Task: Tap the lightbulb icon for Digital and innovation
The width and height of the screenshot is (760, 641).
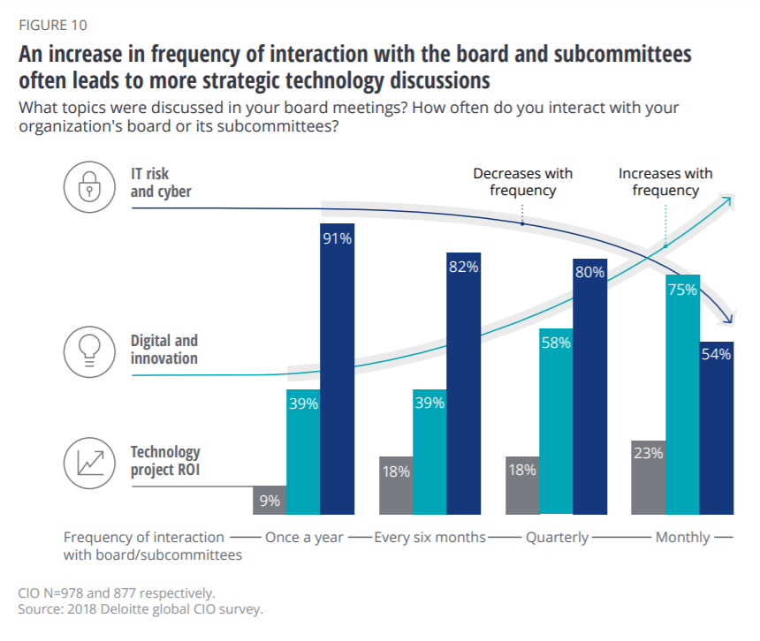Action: tap(87, 348)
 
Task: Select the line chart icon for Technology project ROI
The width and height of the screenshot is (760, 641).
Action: tap(87, 461)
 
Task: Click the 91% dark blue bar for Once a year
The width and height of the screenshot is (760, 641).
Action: tap(337, 371)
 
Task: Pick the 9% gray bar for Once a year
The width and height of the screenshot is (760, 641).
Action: tap(270, 501)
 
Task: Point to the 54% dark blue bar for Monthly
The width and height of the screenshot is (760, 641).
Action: tap(717, 428)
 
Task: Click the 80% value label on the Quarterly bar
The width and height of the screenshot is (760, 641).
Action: tap(589, 272)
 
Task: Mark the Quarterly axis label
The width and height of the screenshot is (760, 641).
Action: tap(557, 537)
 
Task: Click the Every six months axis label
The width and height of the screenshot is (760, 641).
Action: tap(430, 537)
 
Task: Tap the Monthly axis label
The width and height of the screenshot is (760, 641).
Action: tap(682, 537)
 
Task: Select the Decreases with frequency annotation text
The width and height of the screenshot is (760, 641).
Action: tap(523, 182)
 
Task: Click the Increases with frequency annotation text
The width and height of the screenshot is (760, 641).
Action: tap(665, 182)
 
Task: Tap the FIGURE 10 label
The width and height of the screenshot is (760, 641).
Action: tap(53, 25)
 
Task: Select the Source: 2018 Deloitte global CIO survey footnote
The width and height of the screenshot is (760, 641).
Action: tap(141, 609)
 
